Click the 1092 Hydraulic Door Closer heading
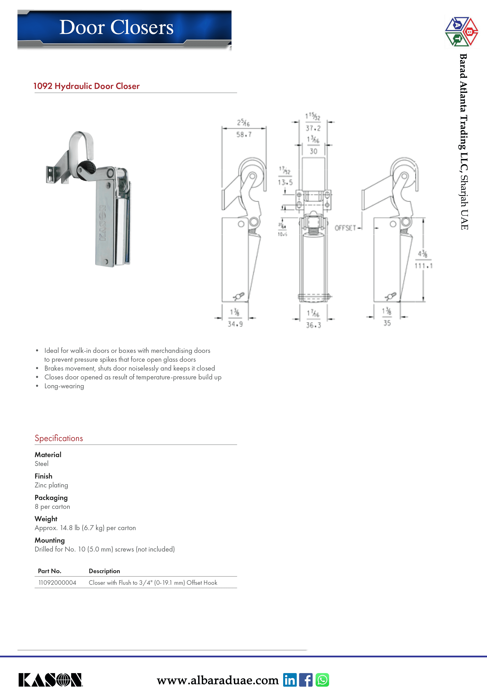[86, 86]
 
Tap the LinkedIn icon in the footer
[290, 680]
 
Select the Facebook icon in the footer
[306, 680]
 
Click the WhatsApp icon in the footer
[322, 680]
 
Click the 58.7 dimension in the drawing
[244, 135]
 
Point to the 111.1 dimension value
[423, 266]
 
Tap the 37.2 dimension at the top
[313, 128]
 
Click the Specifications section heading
[59, 438]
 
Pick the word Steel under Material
[41, 464]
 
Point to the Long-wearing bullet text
[64, 386]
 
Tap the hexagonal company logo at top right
[461, 32]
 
